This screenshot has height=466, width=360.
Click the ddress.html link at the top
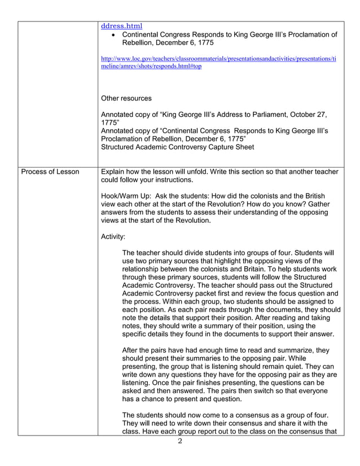pos(121,26)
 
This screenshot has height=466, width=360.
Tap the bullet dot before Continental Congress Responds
pos(114,35)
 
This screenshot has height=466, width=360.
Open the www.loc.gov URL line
pos(218,58)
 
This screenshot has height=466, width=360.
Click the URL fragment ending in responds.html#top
pos(151,66)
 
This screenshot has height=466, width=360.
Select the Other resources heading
pos(126,98)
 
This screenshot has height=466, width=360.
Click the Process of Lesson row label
pos(50,172)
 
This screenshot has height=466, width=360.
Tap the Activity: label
pos(113,236)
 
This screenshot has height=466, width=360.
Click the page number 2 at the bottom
pos(180,441)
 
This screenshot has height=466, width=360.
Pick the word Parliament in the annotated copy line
pos(266,115)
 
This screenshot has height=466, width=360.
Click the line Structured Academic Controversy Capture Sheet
pos(177,147)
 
